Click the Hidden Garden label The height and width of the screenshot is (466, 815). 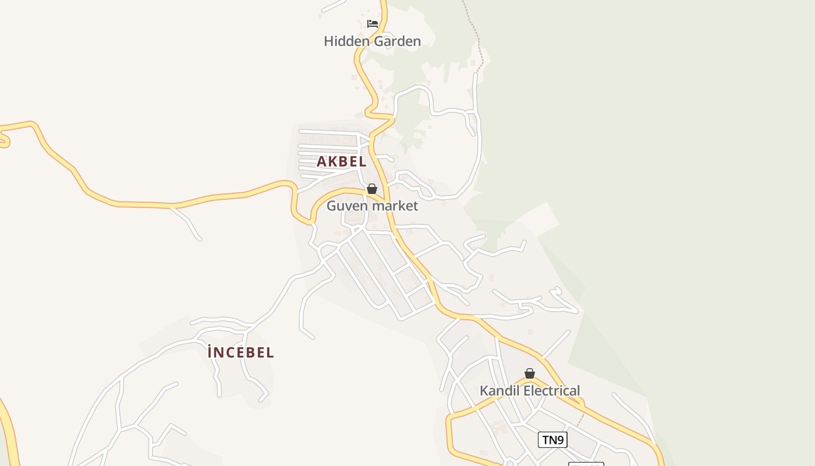tap(372, 41)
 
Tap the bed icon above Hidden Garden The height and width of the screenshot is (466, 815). tap(373, 24)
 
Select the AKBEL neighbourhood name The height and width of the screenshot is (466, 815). tap(342, 162)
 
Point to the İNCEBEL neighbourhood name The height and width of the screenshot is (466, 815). tap(240, 352)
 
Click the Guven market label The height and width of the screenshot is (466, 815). tap(372, 206)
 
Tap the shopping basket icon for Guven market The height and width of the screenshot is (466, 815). tap(372, 189)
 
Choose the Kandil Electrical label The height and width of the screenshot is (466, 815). tap(530, 391)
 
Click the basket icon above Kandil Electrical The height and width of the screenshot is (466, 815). tap(530, 373)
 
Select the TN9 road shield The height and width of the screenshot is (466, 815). tap(552, 440)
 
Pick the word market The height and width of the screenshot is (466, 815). tap(395, 206)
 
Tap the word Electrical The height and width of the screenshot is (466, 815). tap(552, 391)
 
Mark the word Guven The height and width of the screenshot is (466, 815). tap(348, 206)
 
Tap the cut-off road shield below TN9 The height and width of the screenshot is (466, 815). tap(586, 464)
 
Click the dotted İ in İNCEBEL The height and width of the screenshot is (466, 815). tap(210, 352)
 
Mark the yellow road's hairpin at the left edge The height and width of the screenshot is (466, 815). tap(5, 139)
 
